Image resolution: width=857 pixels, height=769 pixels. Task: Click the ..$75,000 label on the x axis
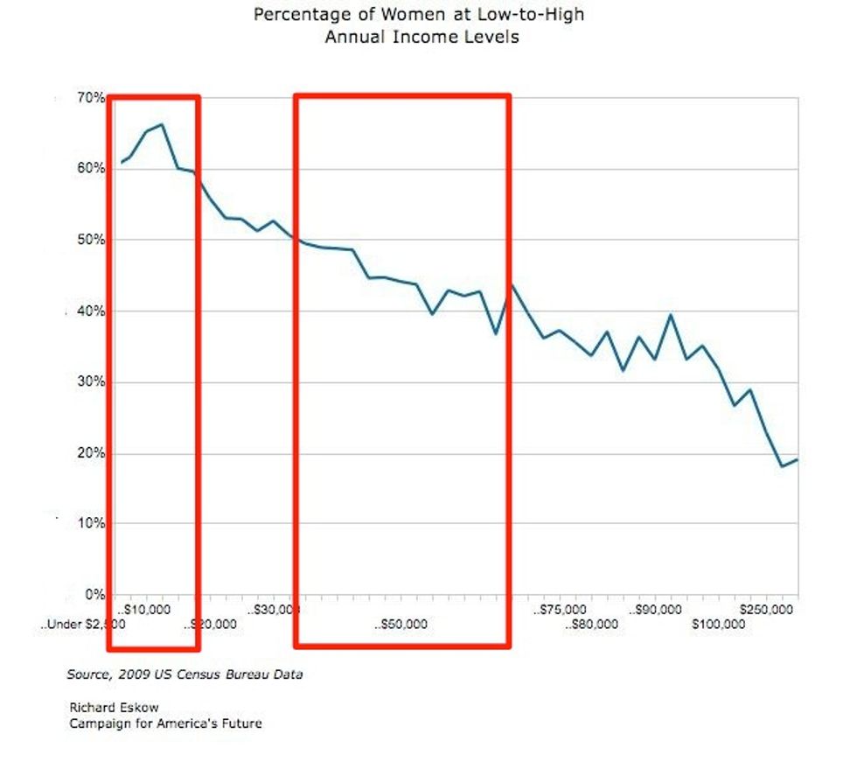561,609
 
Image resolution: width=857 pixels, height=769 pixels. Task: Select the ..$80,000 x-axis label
591,625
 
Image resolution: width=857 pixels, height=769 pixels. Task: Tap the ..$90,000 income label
657,609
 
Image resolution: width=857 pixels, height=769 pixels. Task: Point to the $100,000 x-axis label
718,625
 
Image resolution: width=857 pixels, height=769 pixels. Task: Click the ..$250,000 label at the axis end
765,609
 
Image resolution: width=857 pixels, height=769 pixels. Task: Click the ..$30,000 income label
275,609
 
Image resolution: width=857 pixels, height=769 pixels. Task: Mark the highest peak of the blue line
162,124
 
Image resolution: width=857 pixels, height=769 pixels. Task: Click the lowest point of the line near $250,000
783,466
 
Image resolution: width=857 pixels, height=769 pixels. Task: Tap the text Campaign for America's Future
165,724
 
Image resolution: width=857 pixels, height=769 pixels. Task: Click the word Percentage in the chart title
294,15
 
